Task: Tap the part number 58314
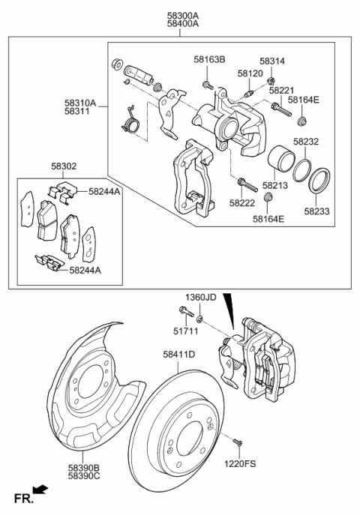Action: [x=274, y=61]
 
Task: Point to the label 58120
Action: [x=250, y=74]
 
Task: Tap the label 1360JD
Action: [x=201, y=297]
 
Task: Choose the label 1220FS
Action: [x=240, y=464]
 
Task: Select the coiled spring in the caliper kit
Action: [x=132, y=120]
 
